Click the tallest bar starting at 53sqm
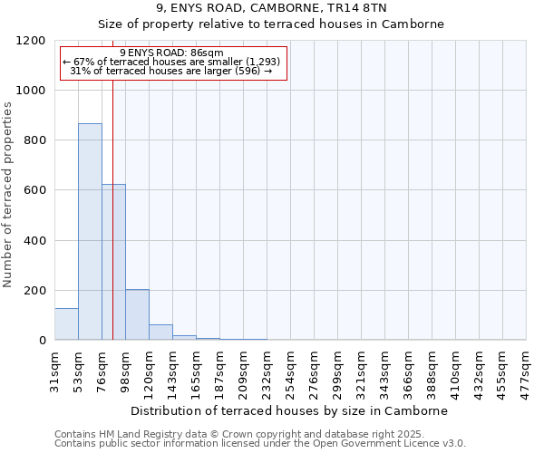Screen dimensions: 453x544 coord(90,231)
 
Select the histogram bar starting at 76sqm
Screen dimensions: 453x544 coord(113,262)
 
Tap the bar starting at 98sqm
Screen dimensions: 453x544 coord(137,314)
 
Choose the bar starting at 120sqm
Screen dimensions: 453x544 coord(160,332)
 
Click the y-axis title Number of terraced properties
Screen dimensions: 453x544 coord(8,195)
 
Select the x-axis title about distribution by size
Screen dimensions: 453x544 coord(290,410)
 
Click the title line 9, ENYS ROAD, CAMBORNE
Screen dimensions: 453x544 coord(271,7)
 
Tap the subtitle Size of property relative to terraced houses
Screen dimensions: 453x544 coord(271,24)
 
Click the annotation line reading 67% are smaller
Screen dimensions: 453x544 coord(172,62)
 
